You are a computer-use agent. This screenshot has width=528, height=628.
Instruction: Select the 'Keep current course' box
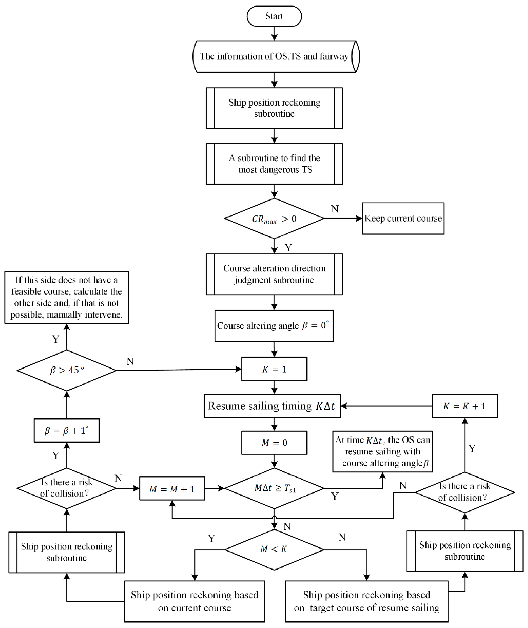pos(403,218)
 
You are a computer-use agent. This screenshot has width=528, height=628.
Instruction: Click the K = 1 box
pos(274,369)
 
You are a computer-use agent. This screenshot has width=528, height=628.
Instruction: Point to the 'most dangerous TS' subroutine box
pos(274,164)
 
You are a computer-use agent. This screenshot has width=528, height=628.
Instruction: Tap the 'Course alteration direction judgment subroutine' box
pos(274,274)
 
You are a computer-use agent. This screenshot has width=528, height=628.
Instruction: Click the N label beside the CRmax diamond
pos(335,209)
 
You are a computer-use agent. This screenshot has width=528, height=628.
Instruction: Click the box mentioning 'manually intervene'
pos(66,297)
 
